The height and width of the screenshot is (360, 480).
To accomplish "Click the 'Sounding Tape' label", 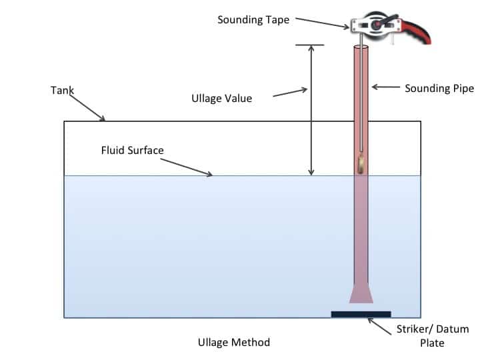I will (x=253, y=20).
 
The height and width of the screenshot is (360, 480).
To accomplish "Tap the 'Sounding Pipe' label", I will (x=439, y=88).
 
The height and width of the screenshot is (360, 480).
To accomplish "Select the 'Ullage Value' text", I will (x=221, y=99).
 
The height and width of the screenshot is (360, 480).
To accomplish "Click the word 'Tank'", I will (x=62, y=89).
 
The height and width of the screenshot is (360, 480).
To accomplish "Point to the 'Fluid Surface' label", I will (x=132, y=150).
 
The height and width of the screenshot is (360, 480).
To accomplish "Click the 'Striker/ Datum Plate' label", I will (x=433, y=336).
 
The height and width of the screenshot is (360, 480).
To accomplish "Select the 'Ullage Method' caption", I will (x=234, y=342).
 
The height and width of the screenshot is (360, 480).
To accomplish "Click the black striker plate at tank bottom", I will (x=361, y=313).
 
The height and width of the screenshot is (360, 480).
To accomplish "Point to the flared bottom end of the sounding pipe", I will (x=361, y=295).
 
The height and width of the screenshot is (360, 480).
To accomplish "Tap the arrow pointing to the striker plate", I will (x=383, y=326).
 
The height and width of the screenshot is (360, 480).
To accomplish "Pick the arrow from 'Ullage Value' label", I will (x=290, y=92).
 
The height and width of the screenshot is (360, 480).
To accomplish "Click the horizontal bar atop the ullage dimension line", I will (x=310, y=45).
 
